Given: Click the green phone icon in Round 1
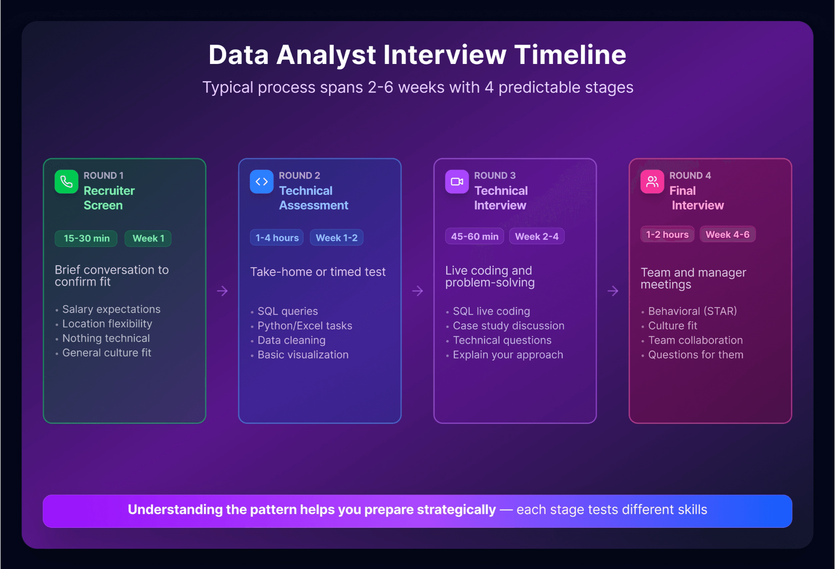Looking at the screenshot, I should [x=67, y=182].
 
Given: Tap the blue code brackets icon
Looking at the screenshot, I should [x=261, y=182].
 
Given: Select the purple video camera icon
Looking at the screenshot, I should [x=457, y=182].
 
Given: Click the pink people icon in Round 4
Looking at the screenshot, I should [x=652, y=182].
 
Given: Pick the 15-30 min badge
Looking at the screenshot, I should [x=86, y=239].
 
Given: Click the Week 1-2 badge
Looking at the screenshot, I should [x=336, y=238].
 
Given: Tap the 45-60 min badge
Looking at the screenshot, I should [x=474, y=237].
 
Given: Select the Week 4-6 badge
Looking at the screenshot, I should [x=727, y=235].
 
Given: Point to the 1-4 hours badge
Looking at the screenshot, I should [x=277, y=238].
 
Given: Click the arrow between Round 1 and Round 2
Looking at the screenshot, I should [x=222, y=291].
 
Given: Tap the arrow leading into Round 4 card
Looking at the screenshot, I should [x=613, y=291].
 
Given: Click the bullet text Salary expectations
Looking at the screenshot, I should [x=111, y=309].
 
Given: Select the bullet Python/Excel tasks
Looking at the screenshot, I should [x=305, y=326].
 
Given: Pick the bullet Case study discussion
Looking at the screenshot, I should [x=509, y=326].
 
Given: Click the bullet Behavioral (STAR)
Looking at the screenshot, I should [x=692, y=311].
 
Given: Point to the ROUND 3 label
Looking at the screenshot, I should [x=495, y=175].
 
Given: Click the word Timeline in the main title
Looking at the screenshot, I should [x=570, y=55].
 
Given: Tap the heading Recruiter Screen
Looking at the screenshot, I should [x=109, y=198].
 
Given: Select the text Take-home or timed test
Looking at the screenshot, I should [x=318, y=272].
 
